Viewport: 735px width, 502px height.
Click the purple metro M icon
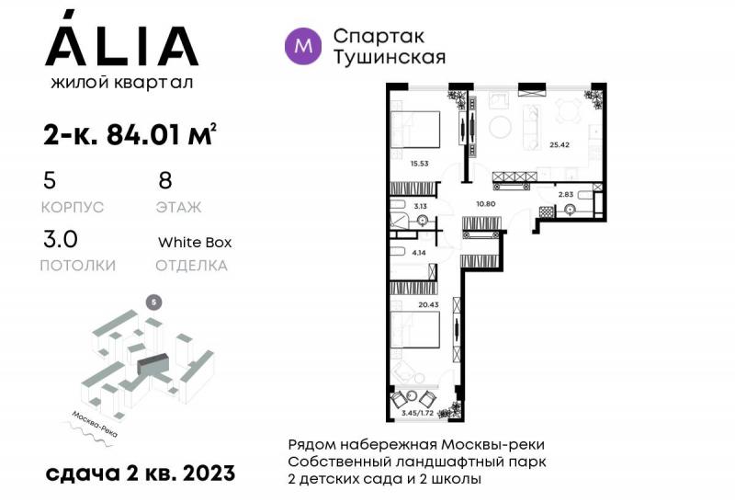click(304, 44)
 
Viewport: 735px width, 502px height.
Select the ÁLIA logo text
click(120, 45)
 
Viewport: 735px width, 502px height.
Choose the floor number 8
click(165, 180)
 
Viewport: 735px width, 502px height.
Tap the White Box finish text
click(194, 243)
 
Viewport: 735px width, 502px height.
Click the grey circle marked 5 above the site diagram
click(154, 302)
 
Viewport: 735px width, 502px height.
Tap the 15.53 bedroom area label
click(421, 164)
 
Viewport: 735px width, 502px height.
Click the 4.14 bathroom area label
click(421, 251)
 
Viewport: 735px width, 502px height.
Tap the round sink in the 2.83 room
click(570, 210)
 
